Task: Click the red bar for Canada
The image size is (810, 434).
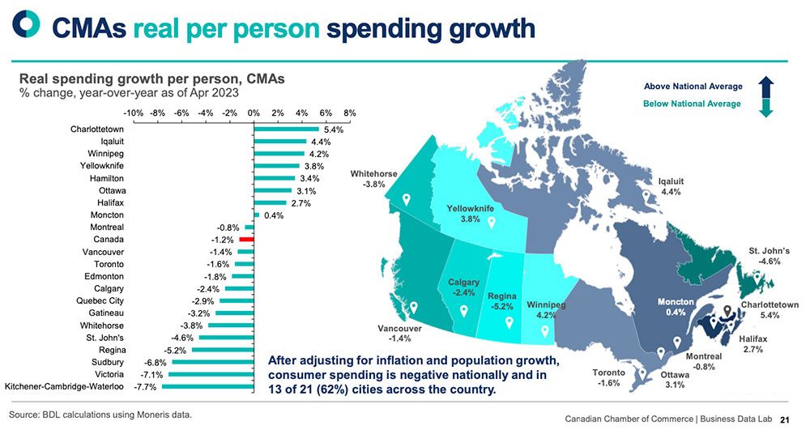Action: click(x=247, y=240)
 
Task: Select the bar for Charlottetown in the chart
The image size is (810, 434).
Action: click(x=286, y=129)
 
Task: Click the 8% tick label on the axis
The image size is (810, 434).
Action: click(x=349, y=113)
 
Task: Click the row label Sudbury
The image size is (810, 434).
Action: click(x=108, y=362)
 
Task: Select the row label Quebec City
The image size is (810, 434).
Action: click(x=100, y=300)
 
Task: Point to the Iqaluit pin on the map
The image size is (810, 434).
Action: click(x=646, y=197)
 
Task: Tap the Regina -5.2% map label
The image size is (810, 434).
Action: click(x=501, y=301)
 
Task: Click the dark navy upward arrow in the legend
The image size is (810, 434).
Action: click(x=766, y=87)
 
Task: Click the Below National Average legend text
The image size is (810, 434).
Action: click(x=691, y=104)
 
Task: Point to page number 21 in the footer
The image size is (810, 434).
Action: click(x=784, y=420)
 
